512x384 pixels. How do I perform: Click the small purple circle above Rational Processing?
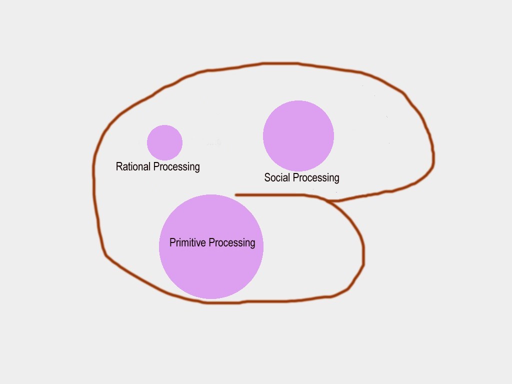point(164,142)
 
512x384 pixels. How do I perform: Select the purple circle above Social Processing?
point(298,135)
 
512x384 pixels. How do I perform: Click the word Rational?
point(133,166)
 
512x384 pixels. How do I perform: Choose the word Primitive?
point(187,243)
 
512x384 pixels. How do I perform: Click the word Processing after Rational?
point(176,167)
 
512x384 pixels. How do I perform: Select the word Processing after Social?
point(316,178)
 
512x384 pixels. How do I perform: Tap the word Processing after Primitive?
point(232,243)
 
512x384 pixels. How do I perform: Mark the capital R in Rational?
point(119,166)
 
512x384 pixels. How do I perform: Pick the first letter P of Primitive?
point(172,243)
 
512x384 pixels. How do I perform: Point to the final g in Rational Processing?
point(197,168)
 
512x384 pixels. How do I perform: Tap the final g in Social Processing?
point(336,179)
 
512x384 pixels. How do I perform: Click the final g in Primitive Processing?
point(252,244)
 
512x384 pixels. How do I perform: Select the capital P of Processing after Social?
point(295,177)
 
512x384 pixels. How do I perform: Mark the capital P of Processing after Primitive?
point(211,243)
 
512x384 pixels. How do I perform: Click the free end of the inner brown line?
point(236,194)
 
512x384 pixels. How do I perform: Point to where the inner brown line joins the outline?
point(330,201)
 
